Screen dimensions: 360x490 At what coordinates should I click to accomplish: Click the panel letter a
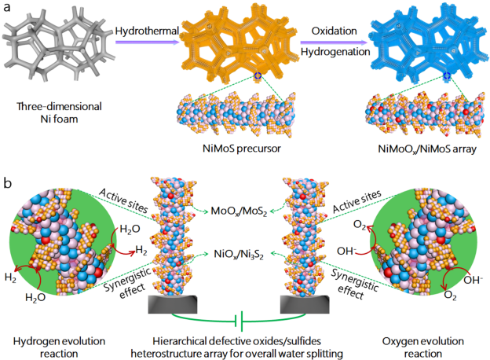click(x=8, y=10)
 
